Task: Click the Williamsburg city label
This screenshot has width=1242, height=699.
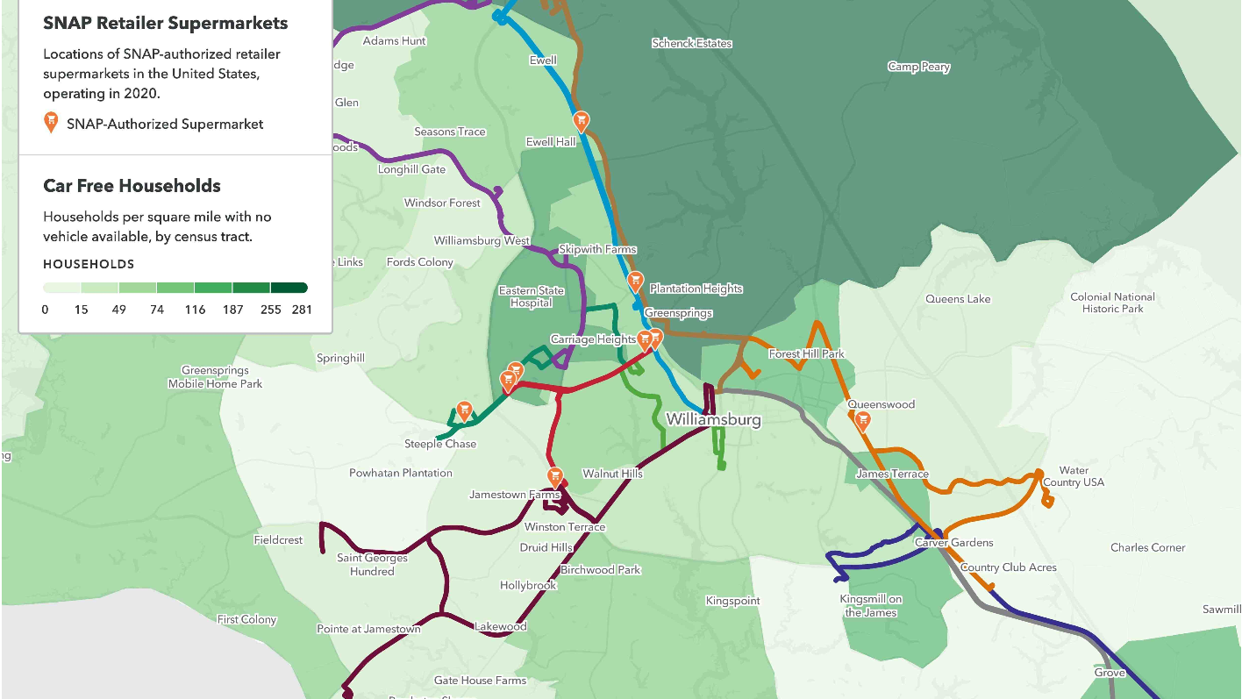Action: point(713,420)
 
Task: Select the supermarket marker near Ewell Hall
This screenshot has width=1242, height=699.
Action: point(580,121)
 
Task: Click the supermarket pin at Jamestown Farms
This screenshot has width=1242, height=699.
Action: point(555,476)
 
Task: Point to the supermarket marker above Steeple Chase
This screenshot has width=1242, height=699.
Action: point(464,410)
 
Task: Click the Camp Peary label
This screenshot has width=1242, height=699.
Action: point(918,68)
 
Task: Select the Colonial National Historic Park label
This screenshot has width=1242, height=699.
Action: point(1112,303)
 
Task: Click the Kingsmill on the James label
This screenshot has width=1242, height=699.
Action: point(870,606)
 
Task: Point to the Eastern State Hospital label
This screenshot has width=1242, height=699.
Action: point(531,296)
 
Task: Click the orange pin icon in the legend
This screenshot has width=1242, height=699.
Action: point(51,124)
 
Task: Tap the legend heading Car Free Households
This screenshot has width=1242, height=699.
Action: point(132,186)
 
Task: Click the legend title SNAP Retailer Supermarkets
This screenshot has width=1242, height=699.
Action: point(165,24)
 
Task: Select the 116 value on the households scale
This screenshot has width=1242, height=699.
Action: point(195,310)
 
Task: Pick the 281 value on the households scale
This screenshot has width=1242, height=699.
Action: point(302,310)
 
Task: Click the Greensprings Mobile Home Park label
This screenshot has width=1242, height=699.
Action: point(215,377)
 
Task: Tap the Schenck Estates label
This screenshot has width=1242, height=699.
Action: point(691,43)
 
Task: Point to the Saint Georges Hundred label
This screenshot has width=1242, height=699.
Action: point(372,565)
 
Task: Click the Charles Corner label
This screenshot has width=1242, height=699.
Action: point(1147,548)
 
